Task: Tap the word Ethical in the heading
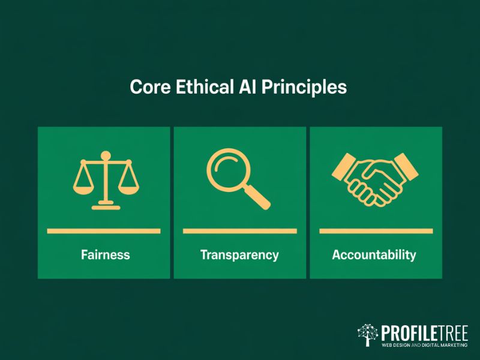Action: (x=202, y=87)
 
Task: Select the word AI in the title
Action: (x=247, y=87)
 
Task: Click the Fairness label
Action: (x=105, y=254)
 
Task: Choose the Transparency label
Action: (x=239, y=254)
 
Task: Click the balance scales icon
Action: (x=105, y=182)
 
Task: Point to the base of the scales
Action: (x=105, y=207)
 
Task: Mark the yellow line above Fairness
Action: (x=104, y=231)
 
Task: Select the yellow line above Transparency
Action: (x=239, y=231)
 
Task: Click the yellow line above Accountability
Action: (x=376, y=231)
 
